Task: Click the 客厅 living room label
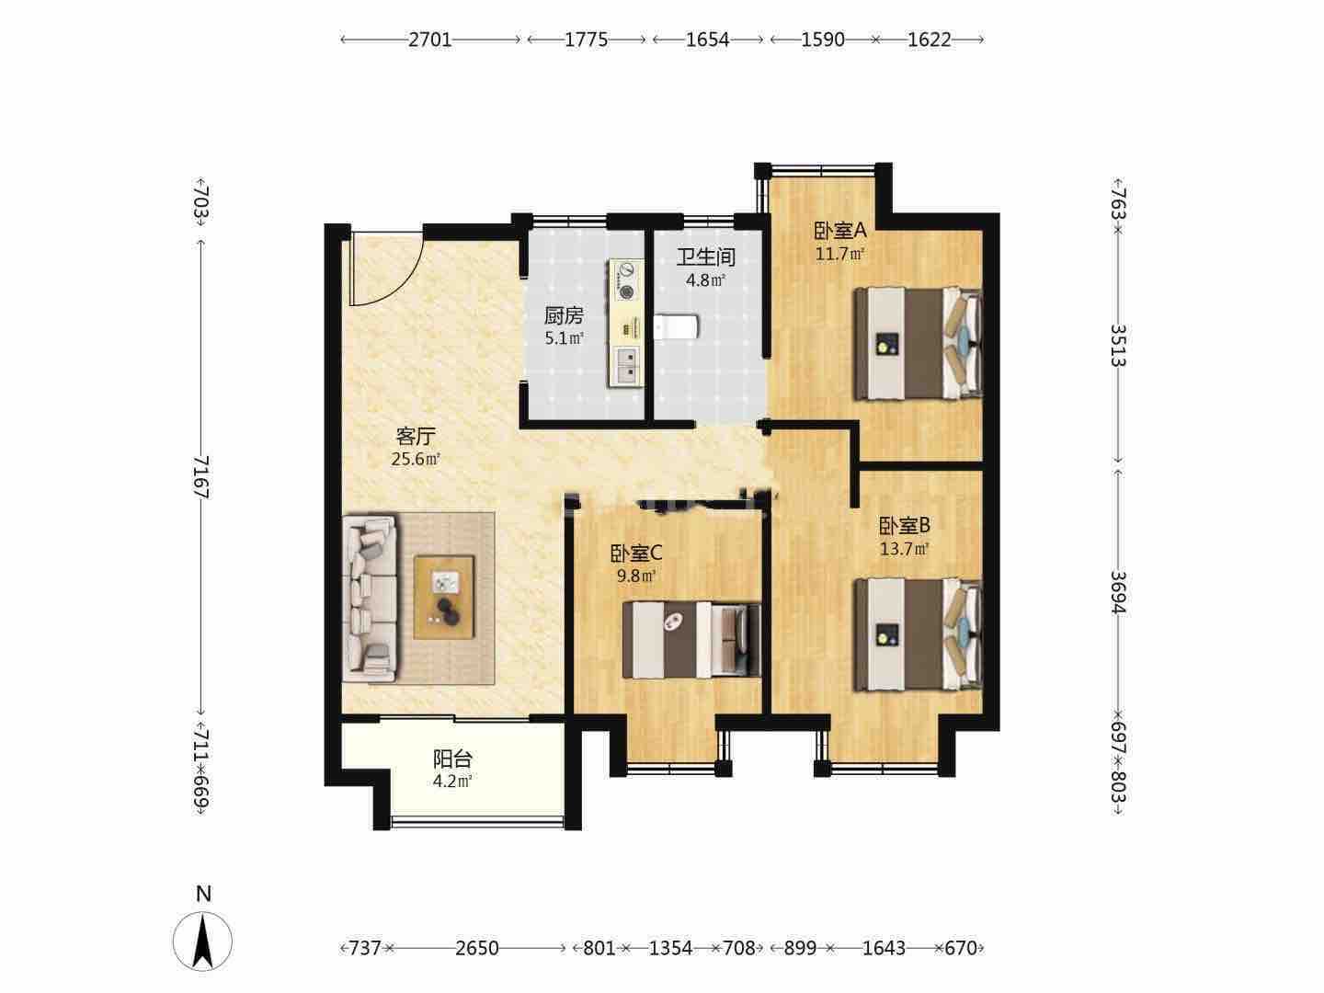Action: coord(416,435)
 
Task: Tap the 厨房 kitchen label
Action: coord(564,314)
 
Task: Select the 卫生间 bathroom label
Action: coord(706,257)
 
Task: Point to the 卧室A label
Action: coord(840,230)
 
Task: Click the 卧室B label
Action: coord(904,526)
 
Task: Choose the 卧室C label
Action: coord(636,553)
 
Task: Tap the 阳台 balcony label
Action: coord(452,759)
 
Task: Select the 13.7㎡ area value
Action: coord(904,549)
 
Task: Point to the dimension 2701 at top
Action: coord(430,40)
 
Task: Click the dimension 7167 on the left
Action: coord(201,477)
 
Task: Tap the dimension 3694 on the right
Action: coord(1118,593)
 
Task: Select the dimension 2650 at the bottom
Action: coord(477,948)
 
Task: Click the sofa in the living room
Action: coord(369,598)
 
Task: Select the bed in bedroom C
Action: coord(691,640)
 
